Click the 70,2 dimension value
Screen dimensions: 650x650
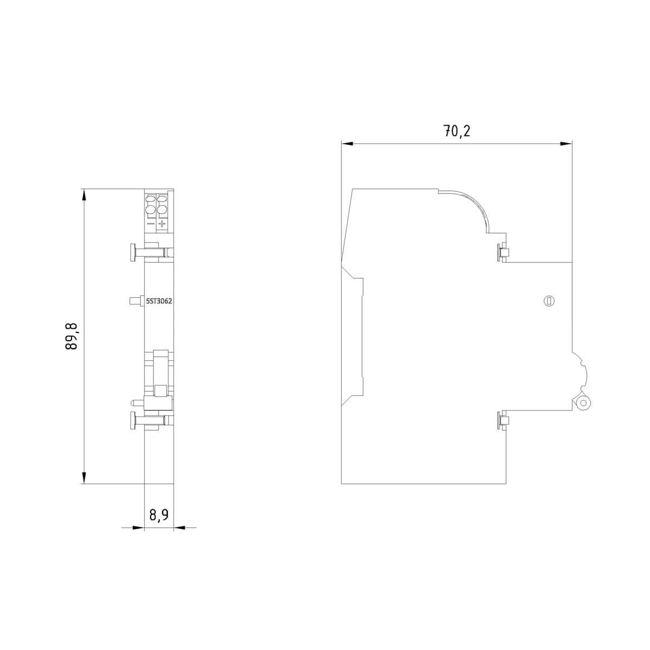(x=457, y=132)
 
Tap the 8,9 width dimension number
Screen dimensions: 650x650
(x=159, y=515)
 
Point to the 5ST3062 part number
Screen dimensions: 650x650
(x=159, y=301)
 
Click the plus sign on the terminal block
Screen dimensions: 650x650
(x=162, y=223)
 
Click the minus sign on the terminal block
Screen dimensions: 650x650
(x=151, y=223)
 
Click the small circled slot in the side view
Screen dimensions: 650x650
(x=548, y=301)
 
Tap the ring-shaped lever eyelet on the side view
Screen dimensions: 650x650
(x=584, y=403)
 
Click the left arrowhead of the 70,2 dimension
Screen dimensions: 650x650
(x=347, y=144)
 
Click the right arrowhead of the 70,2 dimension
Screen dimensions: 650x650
(x=567, y=144)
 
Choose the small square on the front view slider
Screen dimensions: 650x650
(x=160, y=390)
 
